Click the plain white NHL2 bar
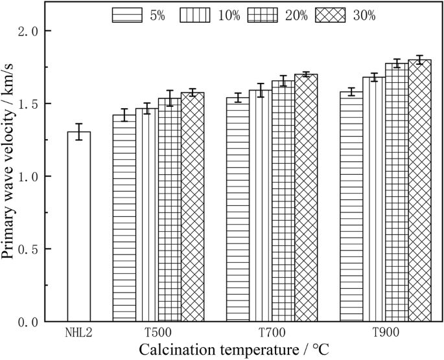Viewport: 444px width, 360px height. click(x=79, y=227)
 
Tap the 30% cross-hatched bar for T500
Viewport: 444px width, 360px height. click(x=193, y=207)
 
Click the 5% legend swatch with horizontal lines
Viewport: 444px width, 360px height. click(x=126, y=16)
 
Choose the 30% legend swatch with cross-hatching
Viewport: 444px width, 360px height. click(x=330, y=16)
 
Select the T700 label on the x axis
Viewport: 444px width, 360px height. click(x=272, y=332)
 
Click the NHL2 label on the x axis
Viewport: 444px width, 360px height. click(x=79, y=332)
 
